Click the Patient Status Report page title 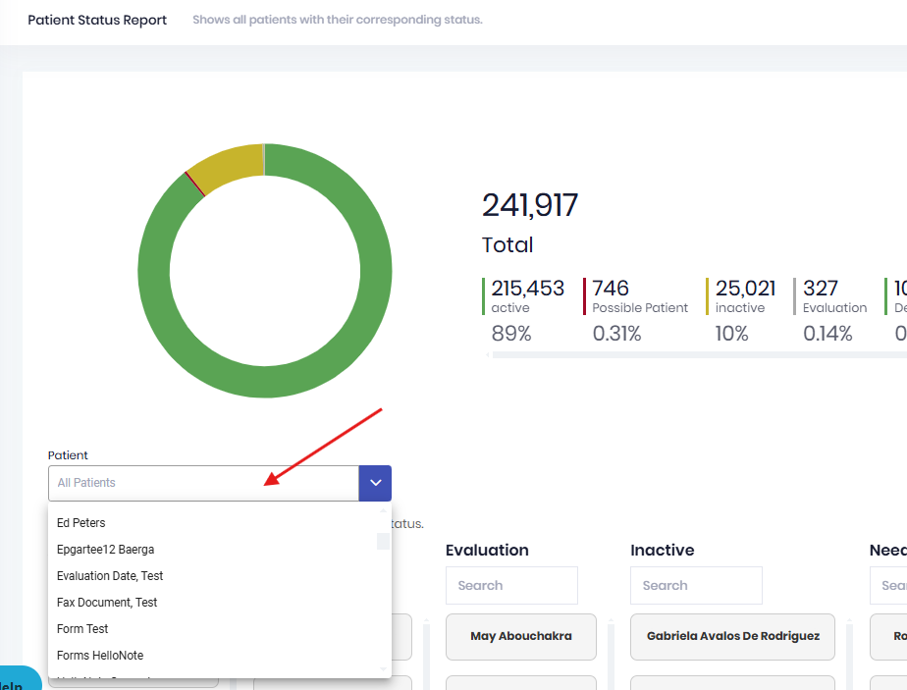click(x=97, y=20)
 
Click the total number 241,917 click(x=529, y=206)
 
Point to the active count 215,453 click(x=528, y=289)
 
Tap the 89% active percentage click(x=511, y=334)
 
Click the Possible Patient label click(x=640, y=308)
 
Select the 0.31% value click(x=616, y=334)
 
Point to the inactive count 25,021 click(x=745, y=289)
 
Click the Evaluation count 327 click(x=821, y=289)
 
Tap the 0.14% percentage click(x=827, y=334)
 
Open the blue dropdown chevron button click(x=375, y=483)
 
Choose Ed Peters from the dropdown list click(x=81, y=523)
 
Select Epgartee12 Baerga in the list click(x=105, y=550)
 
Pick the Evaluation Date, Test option click(x=110, y=576)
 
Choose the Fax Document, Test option click(x=107, y=603)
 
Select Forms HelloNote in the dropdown click(x=100, y=656)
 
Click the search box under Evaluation click(x=511, y=586)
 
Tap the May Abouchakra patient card click(x=520, y=636)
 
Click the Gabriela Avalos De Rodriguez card click(x=732, y=636)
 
